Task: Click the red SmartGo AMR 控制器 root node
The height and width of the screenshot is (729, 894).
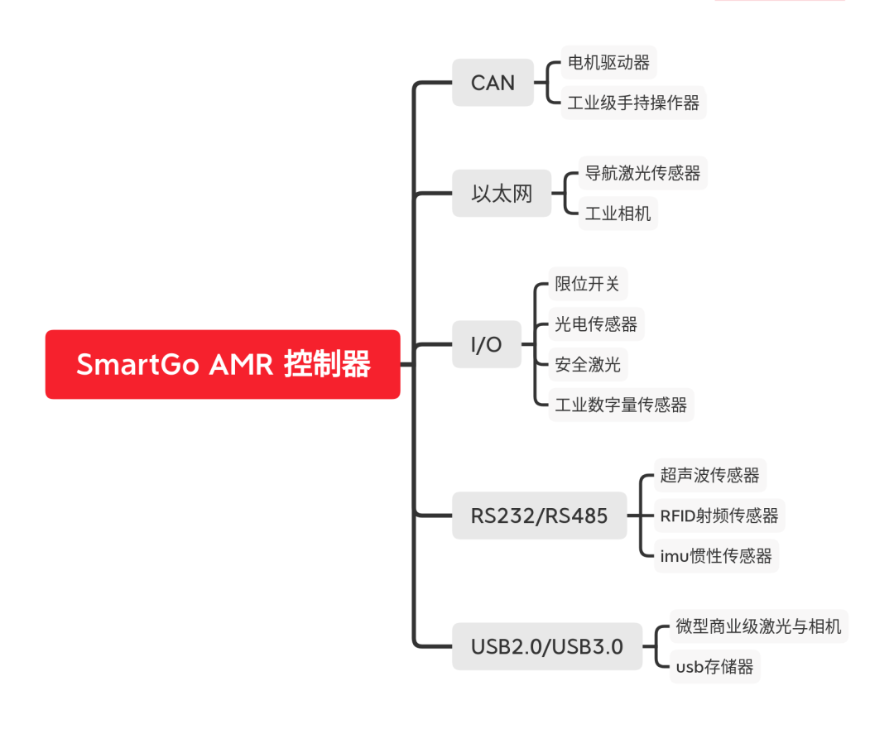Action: [x=223, y=364]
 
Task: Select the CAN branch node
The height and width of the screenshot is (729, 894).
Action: [x=493, y=83]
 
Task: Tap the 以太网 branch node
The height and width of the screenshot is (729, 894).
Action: [x=502, y=194]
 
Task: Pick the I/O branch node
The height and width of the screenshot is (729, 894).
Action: [x=487, y=344]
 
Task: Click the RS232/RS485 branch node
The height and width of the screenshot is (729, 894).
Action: [x=539, y=516]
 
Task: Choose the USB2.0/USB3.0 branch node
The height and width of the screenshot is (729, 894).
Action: [x=546, y=646]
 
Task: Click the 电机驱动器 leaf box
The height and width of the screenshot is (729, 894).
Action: [x=608, y=63]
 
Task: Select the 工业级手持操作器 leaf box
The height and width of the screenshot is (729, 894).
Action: [x=633, y=103]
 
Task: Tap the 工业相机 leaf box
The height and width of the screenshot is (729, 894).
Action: [x=618, y=213]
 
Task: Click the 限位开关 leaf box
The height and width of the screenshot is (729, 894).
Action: [x=588, y=284]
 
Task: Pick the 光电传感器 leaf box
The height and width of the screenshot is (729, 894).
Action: [x=596, y=324]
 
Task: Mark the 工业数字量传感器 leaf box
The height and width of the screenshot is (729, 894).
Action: [x=621, y=405]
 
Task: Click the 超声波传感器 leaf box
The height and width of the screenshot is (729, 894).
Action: [x=710, y=475]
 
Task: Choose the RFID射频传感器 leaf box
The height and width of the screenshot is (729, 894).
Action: [x=719, y=516]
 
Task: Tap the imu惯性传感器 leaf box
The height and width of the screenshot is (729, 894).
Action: [x=715, y=556]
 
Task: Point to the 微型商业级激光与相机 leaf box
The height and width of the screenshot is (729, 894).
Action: [x=758, y=626]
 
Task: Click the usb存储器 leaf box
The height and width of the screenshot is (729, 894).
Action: [x=714, y=667]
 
